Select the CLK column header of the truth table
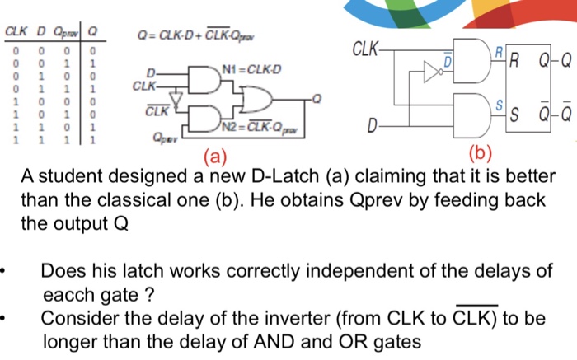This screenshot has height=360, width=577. point(16,32)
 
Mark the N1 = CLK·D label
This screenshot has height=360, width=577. point(256,68)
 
